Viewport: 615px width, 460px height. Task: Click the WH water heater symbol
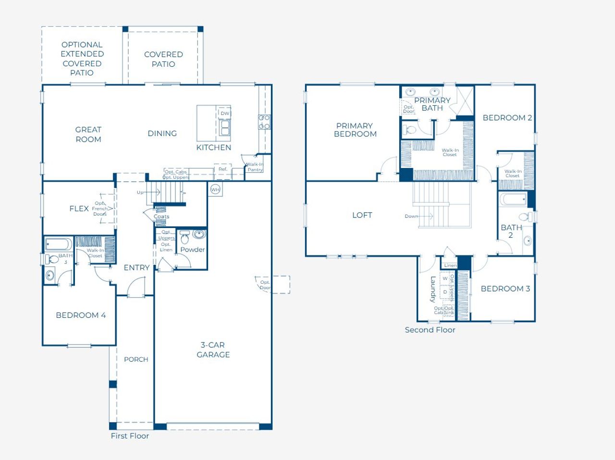tap(215, 190)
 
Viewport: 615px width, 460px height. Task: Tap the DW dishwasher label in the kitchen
tap(225, 113)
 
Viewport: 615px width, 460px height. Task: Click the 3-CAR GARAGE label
tap(213, 350)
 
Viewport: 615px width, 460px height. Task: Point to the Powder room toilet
tap(185, 238)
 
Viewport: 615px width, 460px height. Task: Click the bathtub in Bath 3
tap(59, 244)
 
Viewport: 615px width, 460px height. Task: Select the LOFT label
tap(362, 215)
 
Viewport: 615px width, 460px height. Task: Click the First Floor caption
tap(130, 436)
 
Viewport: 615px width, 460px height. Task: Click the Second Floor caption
tap(430, 330)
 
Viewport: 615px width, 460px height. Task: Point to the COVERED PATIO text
tap(163, 59)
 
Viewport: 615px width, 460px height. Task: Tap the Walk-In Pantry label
tap(255, 167)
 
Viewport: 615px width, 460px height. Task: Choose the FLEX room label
tap(79, 208)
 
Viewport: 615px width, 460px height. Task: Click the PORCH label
tap(136, 359)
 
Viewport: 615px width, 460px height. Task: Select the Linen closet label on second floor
tap(450, 265)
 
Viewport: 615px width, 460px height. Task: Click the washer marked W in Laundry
tap(445, 278)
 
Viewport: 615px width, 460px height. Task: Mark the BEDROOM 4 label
tap(81, 315)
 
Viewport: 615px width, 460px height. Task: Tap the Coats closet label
tap(161, 217)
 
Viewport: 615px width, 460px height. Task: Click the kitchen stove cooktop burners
tap(264, 122)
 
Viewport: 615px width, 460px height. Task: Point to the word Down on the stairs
tap(411, 216)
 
